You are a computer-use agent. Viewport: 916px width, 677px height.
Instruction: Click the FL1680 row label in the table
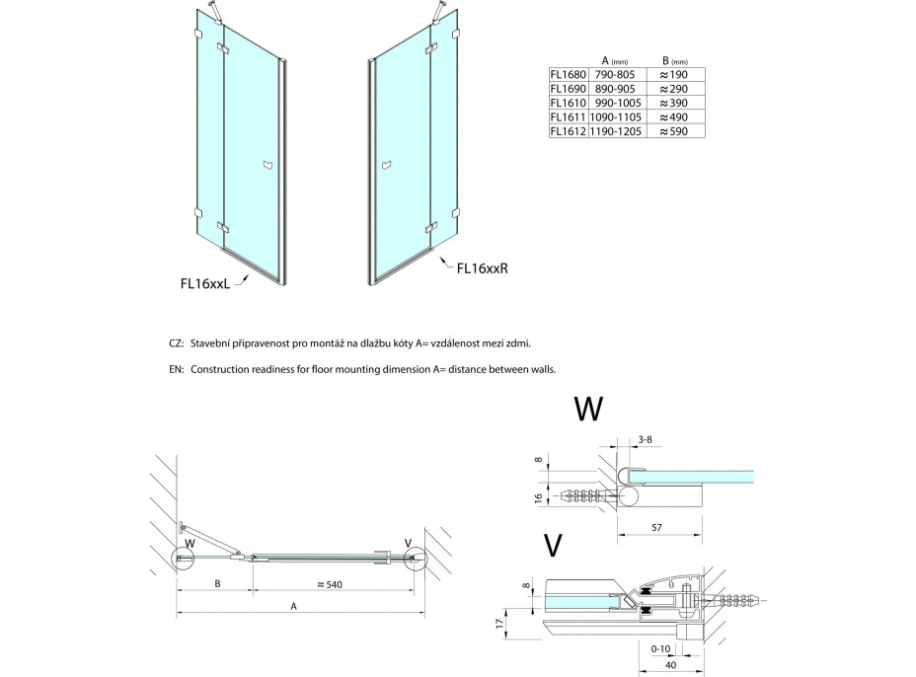[568, 72]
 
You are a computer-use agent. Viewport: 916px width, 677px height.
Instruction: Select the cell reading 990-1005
[617, 101]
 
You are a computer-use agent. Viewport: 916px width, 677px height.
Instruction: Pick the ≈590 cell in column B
[673, 129]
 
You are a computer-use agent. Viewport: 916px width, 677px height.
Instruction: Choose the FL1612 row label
[568, 129]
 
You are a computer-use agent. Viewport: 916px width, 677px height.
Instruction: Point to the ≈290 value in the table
[673, 87]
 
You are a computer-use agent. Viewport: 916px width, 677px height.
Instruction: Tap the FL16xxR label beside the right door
[483, 266]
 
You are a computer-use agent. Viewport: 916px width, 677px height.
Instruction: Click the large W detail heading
[588, 409]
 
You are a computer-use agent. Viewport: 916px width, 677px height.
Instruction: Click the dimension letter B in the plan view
[218, 584]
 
